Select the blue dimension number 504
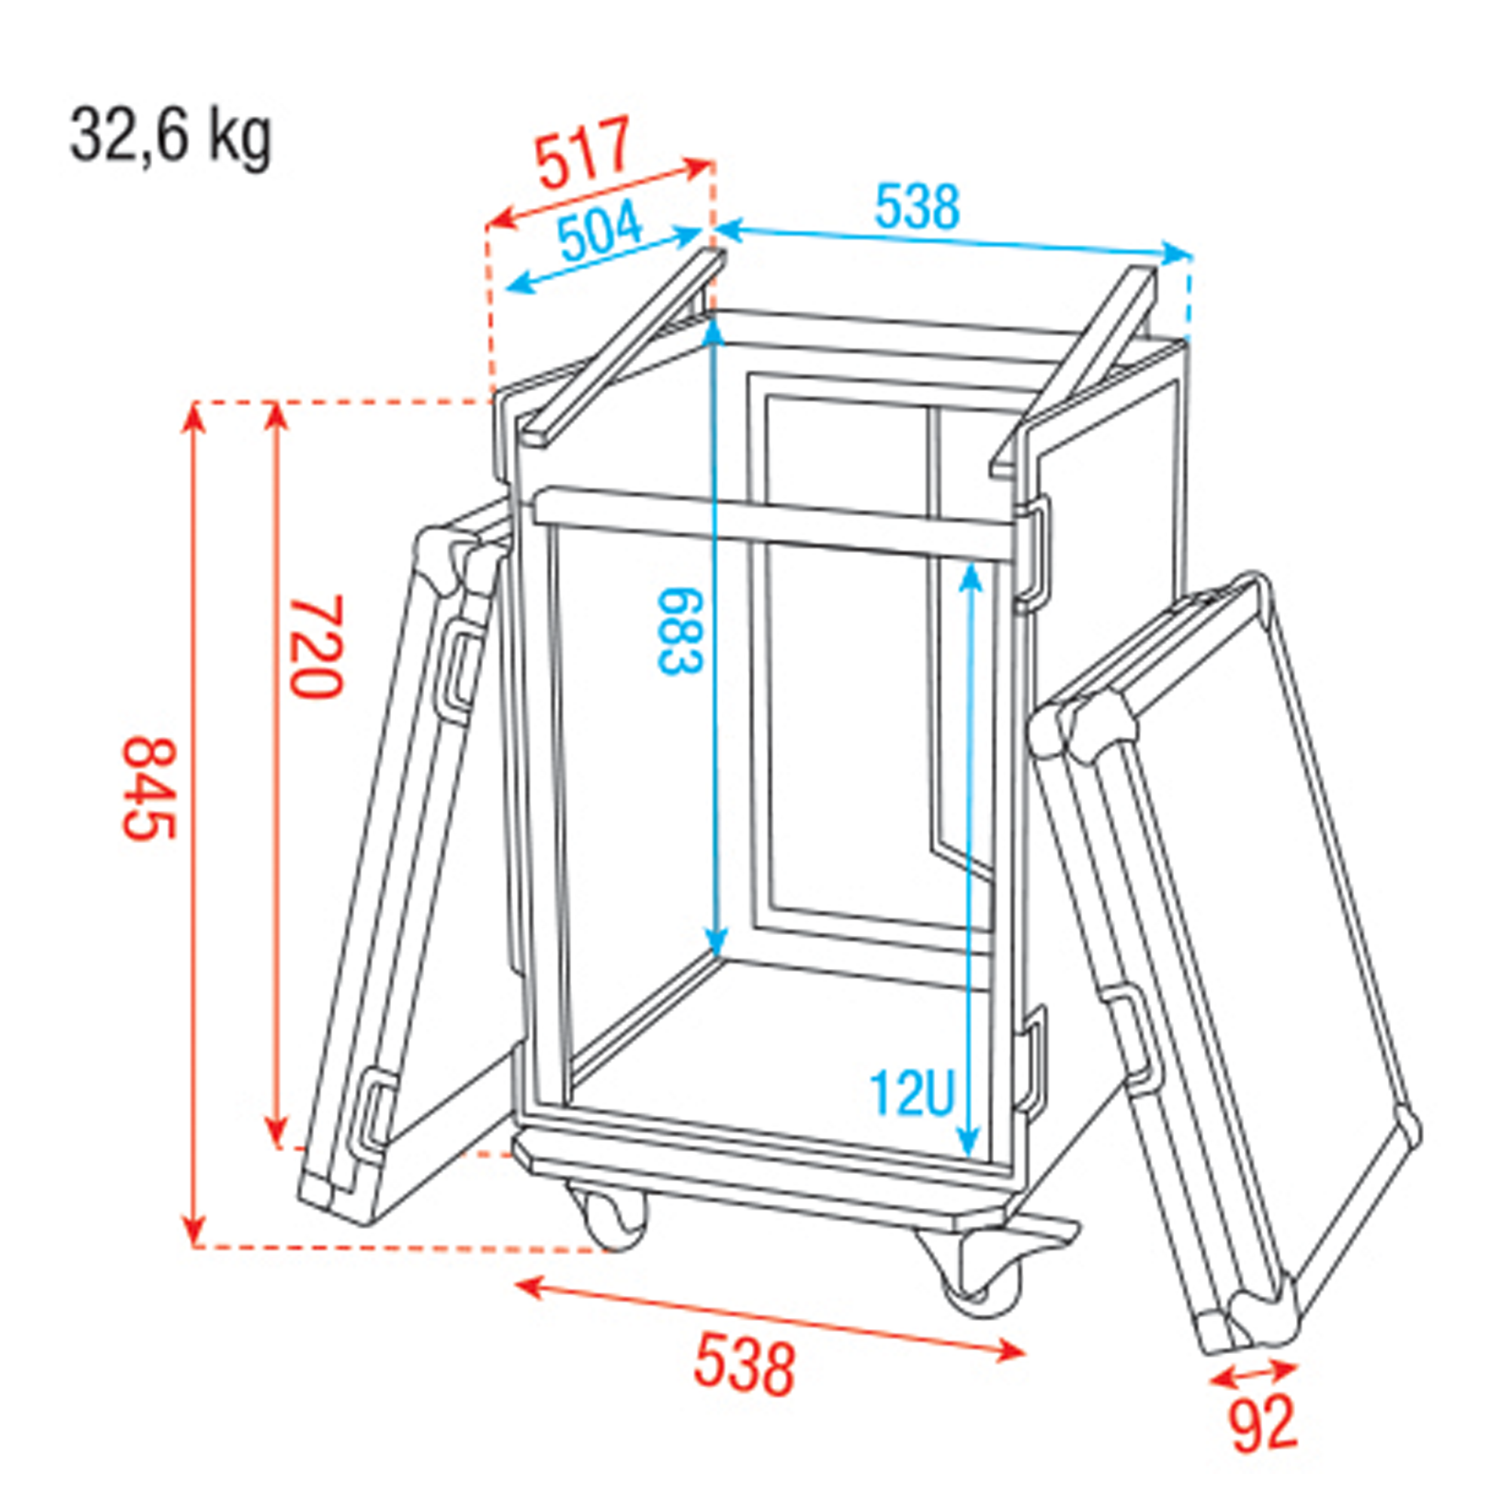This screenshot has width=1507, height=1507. click(x=601, y=231)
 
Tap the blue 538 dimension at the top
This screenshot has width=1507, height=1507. click(x=916, y=207)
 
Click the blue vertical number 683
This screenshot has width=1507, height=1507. click(x=681, y=632)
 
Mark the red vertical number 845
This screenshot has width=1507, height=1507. click(x=150, y=789)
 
